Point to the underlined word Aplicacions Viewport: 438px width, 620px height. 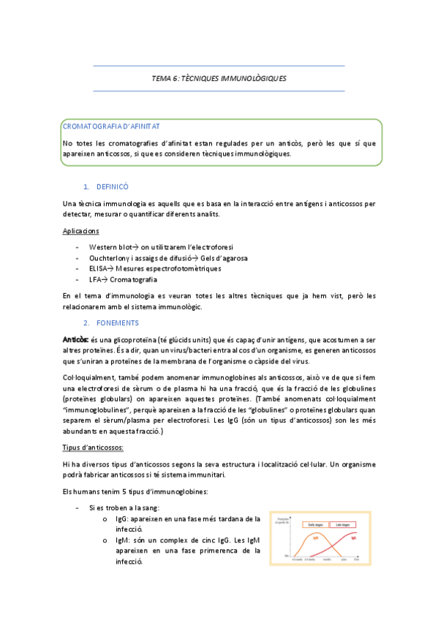click(x=82, y=231)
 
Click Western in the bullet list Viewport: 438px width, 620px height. click(x=105, y=247)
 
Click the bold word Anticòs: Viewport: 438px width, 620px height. click(x=76, y=339)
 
